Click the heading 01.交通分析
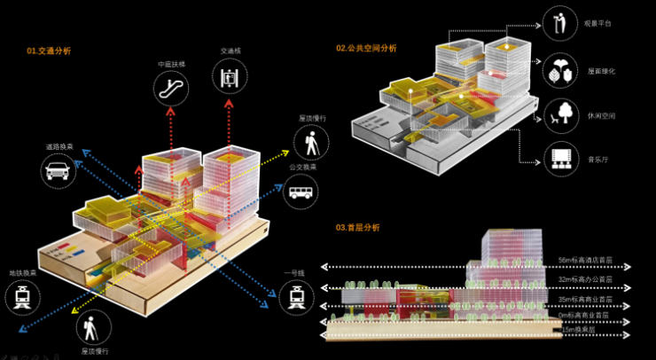pos(49,51)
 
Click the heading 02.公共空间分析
pos(366,47)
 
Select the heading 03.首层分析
pos(357,228)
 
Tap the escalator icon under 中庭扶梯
pos(170,86)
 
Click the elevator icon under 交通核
pos(230,75)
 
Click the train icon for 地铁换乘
pos(21,300)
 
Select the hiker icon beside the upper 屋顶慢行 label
pos(312,141)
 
